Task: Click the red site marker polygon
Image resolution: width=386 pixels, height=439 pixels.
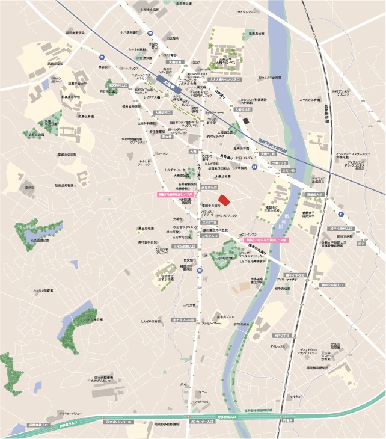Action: [223, 200]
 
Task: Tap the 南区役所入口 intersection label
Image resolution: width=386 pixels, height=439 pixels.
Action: [120, 86]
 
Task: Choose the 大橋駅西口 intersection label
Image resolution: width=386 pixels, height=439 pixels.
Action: [162, 112]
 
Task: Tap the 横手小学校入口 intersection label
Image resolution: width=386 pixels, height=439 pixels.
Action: [342, 229]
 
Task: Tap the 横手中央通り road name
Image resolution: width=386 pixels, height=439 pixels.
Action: [260, 251]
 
